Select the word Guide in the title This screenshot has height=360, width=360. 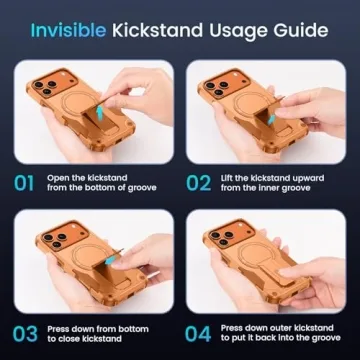tap(304, 28)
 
